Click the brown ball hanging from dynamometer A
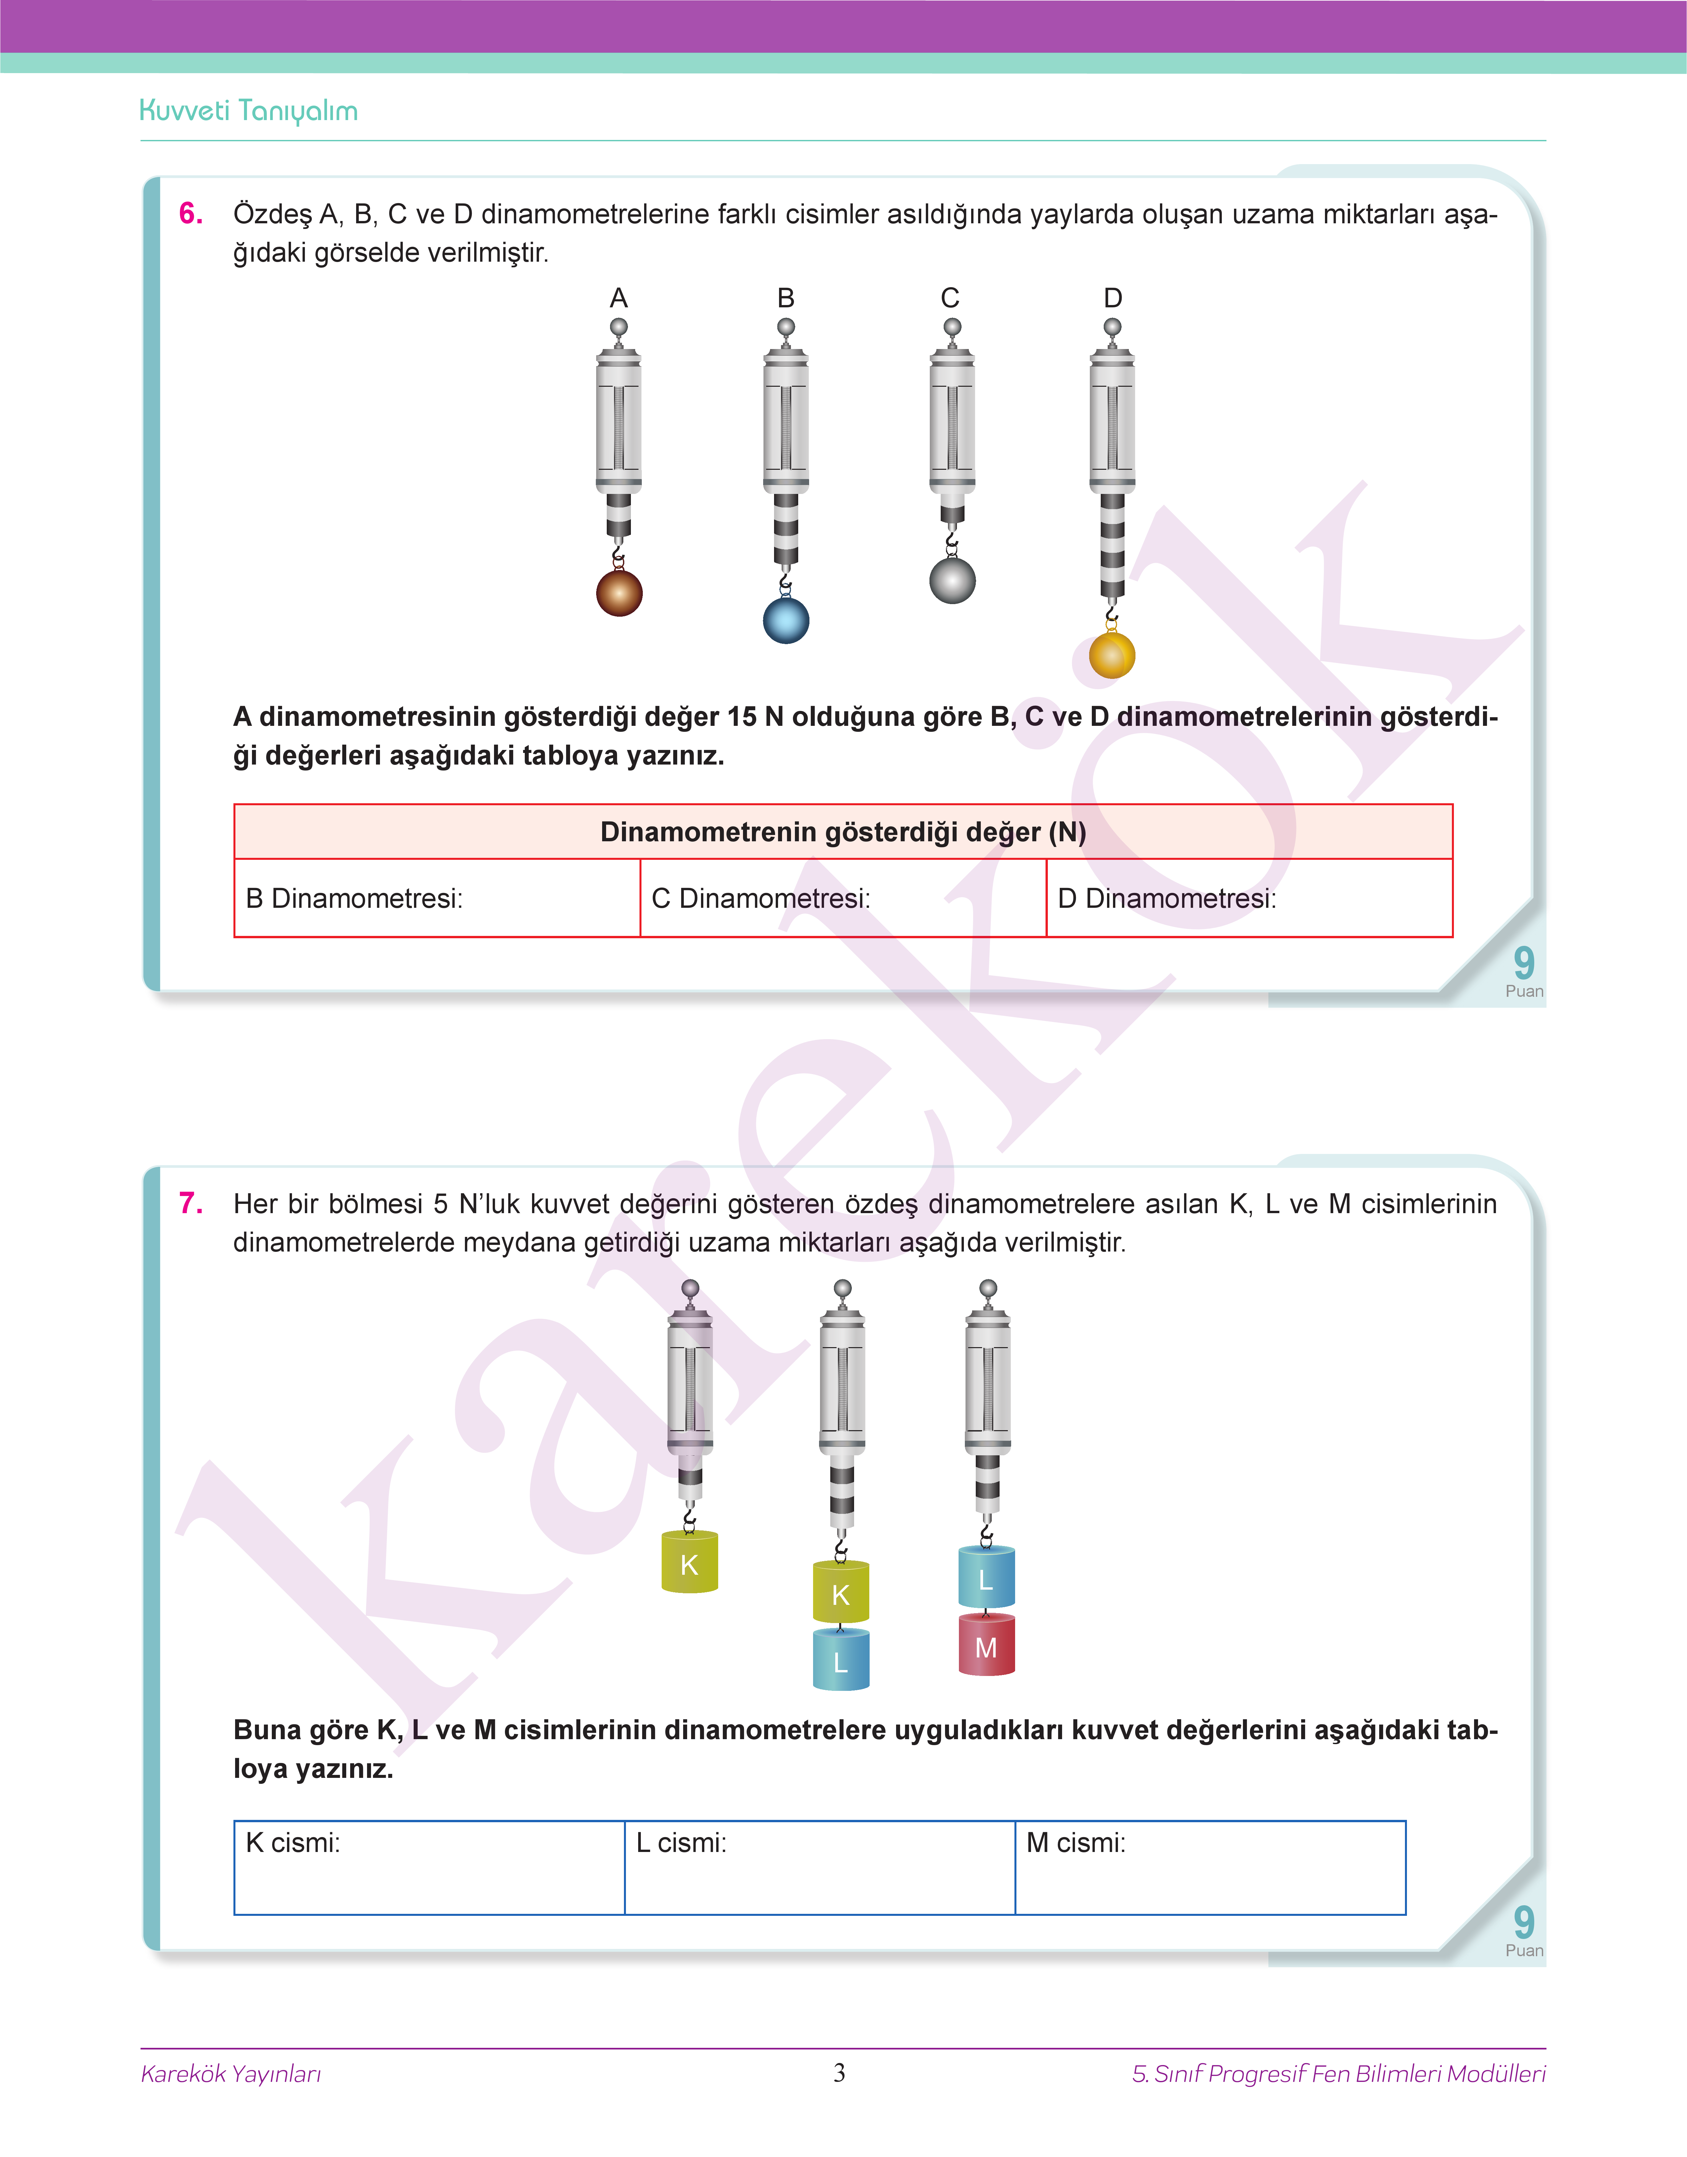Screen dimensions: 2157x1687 point(619,593)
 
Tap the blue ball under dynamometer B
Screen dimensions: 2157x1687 point(786,621)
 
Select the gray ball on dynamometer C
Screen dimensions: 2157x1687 point(952,580)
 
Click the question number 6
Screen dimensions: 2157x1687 point(191,213)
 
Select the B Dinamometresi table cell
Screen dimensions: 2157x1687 point(436,898)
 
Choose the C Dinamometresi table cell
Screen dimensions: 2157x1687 point(843,898)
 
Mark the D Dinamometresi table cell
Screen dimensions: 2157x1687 point(1249,898)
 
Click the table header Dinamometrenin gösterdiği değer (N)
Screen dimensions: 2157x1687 point(843,832)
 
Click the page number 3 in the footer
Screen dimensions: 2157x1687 point(840,2072)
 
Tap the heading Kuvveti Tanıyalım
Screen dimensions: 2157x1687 point(249,111)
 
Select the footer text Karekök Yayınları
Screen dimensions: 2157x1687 point(231,2073)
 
